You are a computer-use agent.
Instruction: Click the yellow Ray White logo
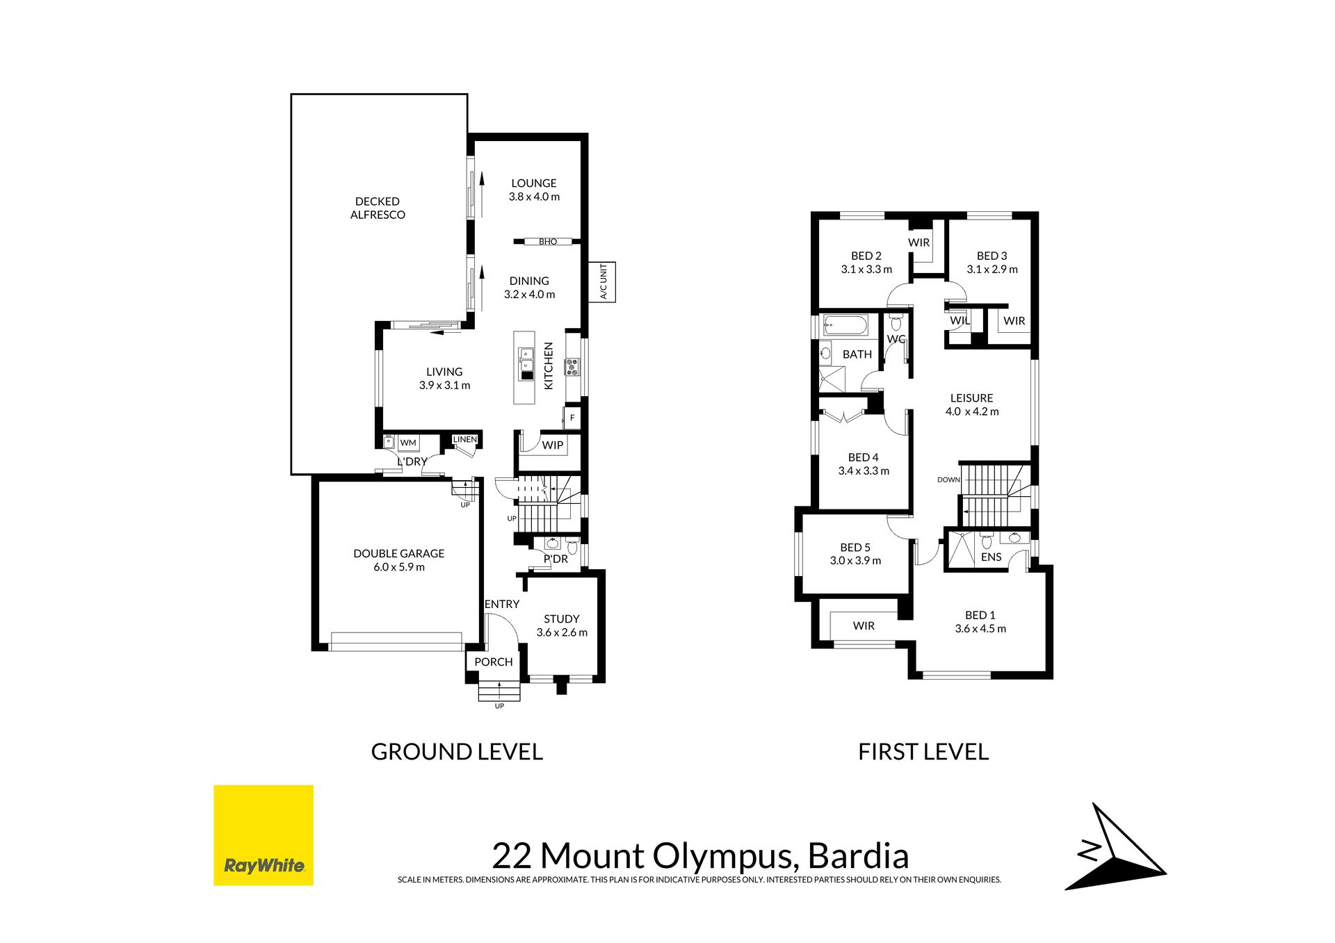tap(263, 835)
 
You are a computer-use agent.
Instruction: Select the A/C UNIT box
tap(602, 281)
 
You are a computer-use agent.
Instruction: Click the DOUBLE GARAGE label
tap(398, 553)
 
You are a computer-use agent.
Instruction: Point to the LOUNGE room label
tap(534, 183)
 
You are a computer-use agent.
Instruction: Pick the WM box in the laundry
tap(408, 443)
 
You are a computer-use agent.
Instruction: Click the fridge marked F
tap(572, 418)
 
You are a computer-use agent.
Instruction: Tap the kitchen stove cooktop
tap(572, 367)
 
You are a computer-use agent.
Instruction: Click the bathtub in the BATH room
tap(845, 325)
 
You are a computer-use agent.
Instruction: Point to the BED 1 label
tap(980, 615)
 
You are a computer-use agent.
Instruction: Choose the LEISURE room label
tap(971, 398)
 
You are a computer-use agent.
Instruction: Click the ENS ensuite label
tap(991, 557)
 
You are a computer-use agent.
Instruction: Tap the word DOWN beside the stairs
tap(948, 480)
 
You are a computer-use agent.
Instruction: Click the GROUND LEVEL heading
tap(457, 752)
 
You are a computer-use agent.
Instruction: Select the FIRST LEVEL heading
tap(923, 752)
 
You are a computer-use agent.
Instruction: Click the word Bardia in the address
tap(859, 856)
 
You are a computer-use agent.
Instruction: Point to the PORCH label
tap(494, 662)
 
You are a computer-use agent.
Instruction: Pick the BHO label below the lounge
tap(548, 242)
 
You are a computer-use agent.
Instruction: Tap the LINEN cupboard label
tap(465, 439)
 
